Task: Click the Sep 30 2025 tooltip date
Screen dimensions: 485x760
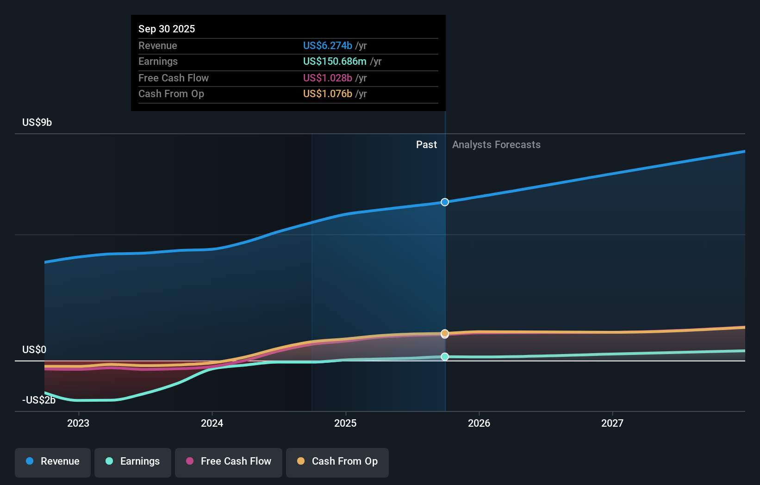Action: (x=167, y=29)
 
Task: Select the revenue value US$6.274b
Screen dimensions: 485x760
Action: (x=327, y=45)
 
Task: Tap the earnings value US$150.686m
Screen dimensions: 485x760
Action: (x=334, y=61)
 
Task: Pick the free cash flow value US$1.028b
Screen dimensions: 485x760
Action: (x=327, y=78)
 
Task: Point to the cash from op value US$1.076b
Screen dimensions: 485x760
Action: (x=327, y=93)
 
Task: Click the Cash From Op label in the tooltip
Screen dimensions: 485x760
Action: (x=171, y=93)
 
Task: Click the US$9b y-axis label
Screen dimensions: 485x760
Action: (x=37, y=122)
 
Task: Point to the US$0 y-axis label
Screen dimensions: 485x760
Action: (x=34, y=349)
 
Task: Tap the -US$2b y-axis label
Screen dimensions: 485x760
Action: (x=39, y=400)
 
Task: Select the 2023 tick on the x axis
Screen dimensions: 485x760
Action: (x=78, y=423)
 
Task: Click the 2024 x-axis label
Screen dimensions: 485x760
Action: (x=212, y=423)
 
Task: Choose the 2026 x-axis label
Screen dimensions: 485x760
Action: (x=479, y=423)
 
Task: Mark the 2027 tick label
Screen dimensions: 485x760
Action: (x=612, y=423)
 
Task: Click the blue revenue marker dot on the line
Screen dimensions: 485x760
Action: (x=445, y=202)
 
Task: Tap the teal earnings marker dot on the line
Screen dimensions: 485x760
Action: (x=445, y=356)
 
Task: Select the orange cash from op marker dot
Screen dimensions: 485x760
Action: (x=445, y=333)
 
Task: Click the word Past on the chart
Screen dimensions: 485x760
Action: (x=426, y=144)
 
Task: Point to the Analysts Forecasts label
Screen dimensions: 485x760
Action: (x=496, y=144)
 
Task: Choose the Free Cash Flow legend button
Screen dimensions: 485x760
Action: (x=229, y=461)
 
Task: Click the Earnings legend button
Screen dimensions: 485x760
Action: (x=133, y=461)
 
